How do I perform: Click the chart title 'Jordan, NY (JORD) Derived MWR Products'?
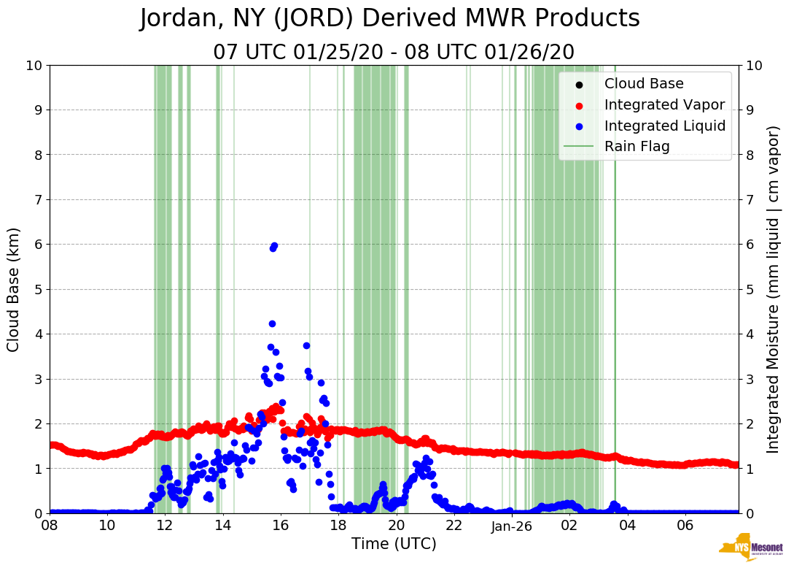point(390,19)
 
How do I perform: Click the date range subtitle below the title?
point(394,53)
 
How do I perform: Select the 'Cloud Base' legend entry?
point(644,84)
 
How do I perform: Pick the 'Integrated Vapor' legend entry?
point(664,105)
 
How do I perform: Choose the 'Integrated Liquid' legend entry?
point(665,126)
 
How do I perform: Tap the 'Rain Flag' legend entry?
point(637,147)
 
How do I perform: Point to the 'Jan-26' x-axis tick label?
point(512,526)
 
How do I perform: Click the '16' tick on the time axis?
point(281,526)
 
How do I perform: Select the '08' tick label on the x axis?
point(50,526)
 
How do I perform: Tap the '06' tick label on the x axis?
point(685,526)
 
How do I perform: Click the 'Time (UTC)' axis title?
point(394,544)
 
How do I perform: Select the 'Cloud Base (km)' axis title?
point(14,289)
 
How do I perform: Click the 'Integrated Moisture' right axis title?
point(774,289)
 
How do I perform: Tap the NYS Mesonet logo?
point(750,548)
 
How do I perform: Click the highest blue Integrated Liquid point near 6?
point(274,246)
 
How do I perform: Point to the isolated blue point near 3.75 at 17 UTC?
point(306,345)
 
